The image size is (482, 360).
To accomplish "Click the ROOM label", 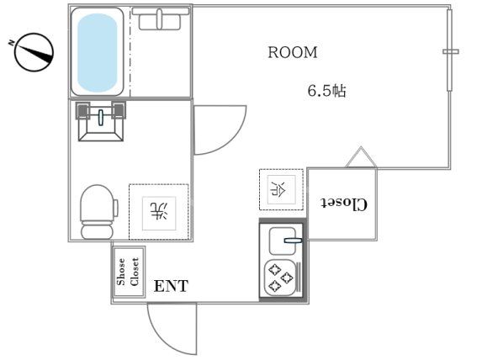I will (x=293, y=52).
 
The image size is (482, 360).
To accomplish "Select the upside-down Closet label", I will (x=343, y=204).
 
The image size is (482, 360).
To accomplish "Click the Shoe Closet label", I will (x=128, y=271).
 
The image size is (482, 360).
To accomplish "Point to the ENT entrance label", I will (x=171, y=286).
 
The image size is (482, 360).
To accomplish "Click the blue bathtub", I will (x=99, y=52).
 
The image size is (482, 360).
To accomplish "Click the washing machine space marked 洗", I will (x=158, y=209).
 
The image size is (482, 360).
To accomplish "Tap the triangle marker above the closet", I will (x=359, y=157).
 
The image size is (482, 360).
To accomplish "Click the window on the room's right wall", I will (x=451, y=52).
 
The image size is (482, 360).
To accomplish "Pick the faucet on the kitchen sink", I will (x=292, y=240).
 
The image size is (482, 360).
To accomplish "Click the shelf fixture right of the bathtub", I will (x=162, y=19).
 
